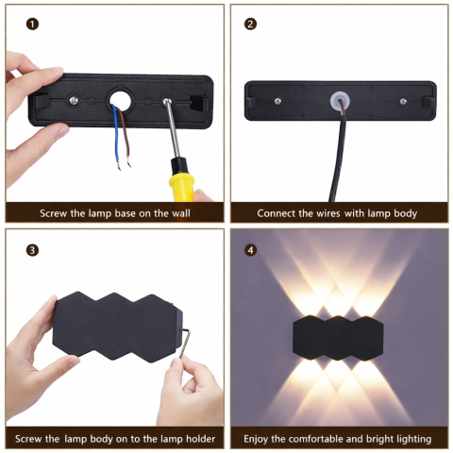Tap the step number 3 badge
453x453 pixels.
click(33, 250)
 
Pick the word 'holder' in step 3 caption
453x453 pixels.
click(197, 439)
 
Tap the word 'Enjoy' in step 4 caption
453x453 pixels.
click(263, 439)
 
